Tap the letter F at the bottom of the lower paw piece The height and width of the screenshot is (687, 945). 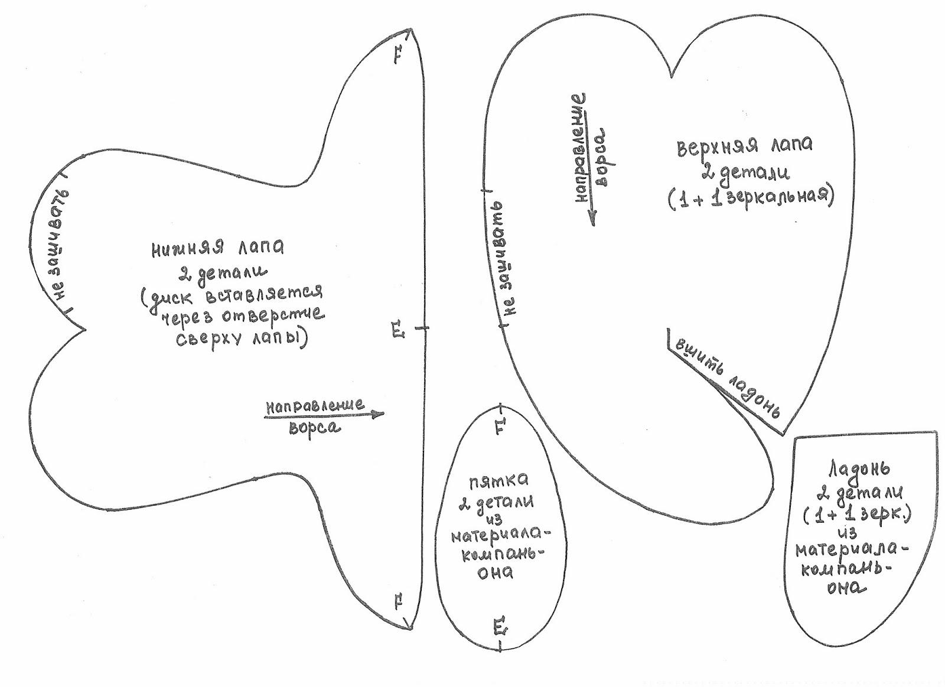399,603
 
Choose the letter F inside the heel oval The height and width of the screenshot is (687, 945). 499,426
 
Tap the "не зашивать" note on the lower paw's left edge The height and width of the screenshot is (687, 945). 58,245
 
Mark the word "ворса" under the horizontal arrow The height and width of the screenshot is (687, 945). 314,427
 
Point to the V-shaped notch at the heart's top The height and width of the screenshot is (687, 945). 672,76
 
